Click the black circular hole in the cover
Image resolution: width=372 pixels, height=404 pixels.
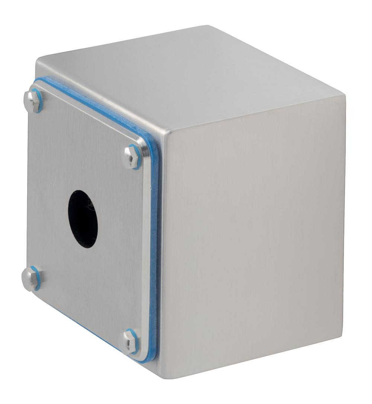point(83,219)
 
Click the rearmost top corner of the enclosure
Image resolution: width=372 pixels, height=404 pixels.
point(208,26)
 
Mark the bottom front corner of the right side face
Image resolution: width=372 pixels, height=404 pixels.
point(164,377)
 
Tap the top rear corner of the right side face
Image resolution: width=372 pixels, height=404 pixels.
point(344,96)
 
